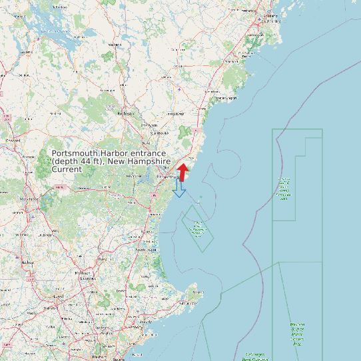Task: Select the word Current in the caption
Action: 67,170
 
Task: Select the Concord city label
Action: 12,141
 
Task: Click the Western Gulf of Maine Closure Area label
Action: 285,188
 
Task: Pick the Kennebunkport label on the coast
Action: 224,97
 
